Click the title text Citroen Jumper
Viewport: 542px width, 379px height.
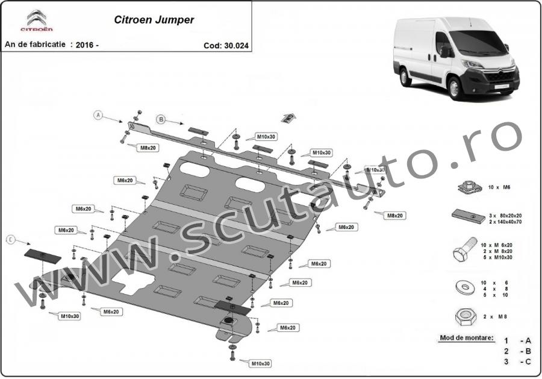point(154,19)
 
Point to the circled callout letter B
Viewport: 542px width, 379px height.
point(161,118)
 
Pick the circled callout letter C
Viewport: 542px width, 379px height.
point(10,240)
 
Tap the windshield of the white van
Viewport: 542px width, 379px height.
point(481,43)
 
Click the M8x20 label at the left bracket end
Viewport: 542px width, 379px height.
point(148,148)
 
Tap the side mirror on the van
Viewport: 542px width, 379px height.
point(446,52)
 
